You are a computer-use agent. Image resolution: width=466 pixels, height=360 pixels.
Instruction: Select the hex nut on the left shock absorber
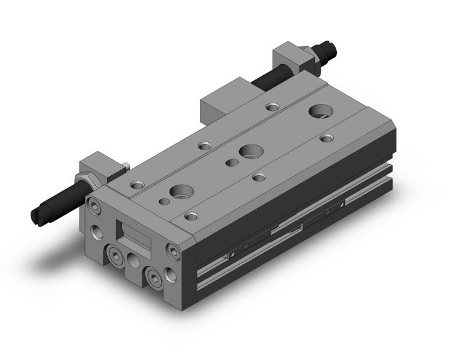click(85, 182)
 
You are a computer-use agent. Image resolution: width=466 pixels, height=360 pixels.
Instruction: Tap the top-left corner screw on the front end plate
click(93, 205)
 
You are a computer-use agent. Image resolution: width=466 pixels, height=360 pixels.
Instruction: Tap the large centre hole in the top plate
click(251, 151)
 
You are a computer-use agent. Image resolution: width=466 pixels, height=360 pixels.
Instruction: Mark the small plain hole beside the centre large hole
click(231, 163)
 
